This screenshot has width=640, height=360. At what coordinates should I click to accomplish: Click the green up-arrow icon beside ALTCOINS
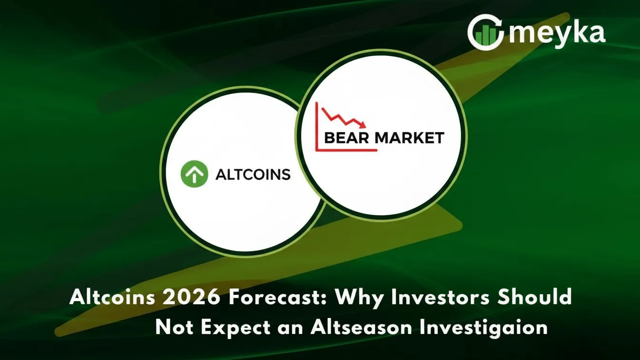194,174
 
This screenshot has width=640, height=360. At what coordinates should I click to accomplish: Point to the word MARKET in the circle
410,139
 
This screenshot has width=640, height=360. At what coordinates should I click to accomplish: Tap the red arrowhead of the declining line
363,125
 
